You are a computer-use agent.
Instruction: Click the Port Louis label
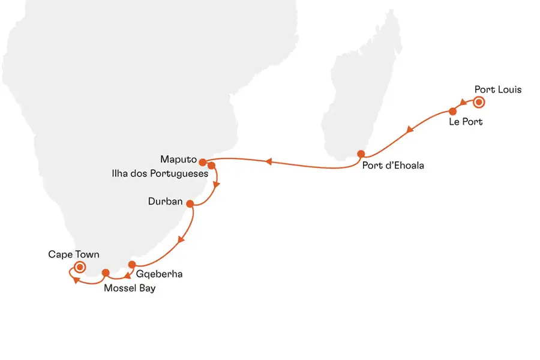(x=498, y=90)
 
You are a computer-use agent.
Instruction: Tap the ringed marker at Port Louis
(x=479, y=103)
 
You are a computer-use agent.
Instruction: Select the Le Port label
(x=466, y=122)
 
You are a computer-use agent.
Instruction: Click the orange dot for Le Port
(x=452, y=111)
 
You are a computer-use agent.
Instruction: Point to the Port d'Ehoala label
(x=393, y=166)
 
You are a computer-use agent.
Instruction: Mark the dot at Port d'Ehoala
(x=361, y=153)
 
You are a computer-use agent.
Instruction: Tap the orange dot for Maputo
(x=203, y=162)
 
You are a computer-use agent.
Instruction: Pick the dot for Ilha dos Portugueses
(x=211, y=165)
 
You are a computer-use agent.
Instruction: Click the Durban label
(x=165, y=202)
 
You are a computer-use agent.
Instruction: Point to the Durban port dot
(x=190, y=204)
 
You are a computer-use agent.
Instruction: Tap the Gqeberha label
(x=159, y=274)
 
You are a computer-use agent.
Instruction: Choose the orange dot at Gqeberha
(x=133, y=265)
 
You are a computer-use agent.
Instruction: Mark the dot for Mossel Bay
(x=106, y=273)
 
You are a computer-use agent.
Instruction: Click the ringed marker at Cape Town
(x=79, y=268)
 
